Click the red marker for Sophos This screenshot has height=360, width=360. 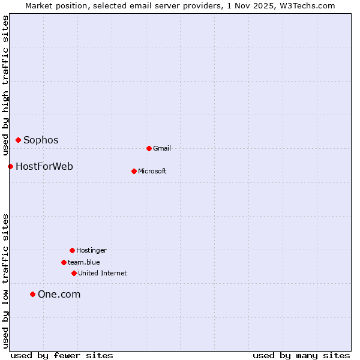pyautogui.click(x=19, y=140)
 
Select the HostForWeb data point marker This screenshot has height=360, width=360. pyautogui.click(x=10, y=166)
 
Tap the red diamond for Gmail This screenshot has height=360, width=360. pyautogui.click(x=149, y=148)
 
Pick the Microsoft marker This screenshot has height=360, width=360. pyautogui.click(x=134, y=171)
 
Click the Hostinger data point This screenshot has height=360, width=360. pyautogui.click(x=72, y=250)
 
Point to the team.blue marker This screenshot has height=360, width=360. pyautogui.click(x=64, y=262)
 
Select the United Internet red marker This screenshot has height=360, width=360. pyautogui.click(x=74, y=273)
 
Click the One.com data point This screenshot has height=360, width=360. pyautogui.click(x=33, y=294)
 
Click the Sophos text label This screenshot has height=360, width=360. pyautogui.click(x=41, y=140)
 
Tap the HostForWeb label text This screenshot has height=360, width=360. pyautogui.click(x=44, y=166)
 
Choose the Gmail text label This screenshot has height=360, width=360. pyautogui.click(x=162, y=149)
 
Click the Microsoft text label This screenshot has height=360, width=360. pyautogui.click(x=152, y=172)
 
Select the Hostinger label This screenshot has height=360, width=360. pyautogui.click(x=91, y=251)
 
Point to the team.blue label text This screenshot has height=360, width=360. pyautogui.click(x=84, y=263)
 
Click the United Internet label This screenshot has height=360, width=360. pyautogui.click(x=103, y=274)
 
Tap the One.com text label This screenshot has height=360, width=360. pyautogui.click(x=59, y=295)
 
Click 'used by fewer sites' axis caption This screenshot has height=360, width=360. pyautogui.click(x=62, y=355)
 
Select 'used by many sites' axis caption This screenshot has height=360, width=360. pyautogui.click(x=301, y=355)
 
